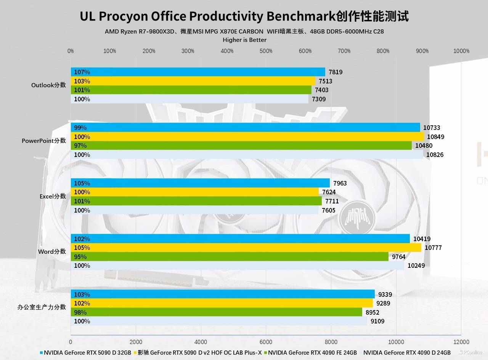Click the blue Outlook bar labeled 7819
[x=198, y=72]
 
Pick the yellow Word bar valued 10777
[x=246, y=248]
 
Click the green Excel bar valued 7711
[x=196, y=201]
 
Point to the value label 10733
[x=431, y=128]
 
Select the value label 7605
[x=329, y=210]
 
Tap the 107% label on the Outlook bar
[x=82, y=72]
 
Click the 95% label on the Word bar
[x=80, y=257]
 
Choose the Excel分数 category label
[x=53, y=197]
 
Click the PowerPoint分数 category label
[x=43, y=141]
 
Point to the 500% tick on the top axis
[x=266, y=51]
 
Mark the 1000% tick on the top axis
[x=462, y=51]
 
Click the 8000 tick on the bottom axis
[x=331, y=342]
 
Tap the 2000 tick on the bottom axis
[x=136, y=342]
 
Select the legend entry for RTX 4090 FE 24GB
[x=312, y=353]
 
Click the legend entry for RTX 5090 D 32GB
[x=87, y=353]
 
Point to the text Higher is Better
[x=244, y=40]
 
